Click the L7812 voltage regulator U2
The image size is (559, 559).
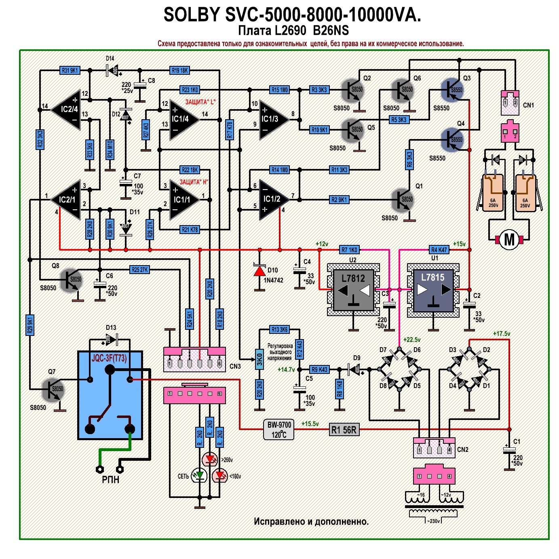click(353, 289)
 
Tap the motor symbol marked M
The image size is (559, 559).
click(509, 239)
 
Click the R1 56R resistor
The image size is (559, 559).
click(344, 430)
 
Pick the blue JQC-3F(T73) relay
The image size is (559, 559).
click(110, 395)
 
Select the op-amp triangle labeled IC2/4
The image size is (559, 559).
click(67, 110)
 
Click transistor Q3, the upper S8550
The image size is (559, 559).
click(452, 90)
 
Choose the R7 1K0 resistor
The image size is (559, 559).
click(349, 250)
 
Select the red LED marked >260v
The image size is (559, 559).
click(210, 459)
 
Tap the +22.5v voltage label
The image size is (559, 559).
click(412, 340)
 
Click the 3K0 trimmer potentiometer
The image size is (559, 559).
click(259, 359)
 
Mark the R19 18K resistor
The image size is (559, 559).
click(180, 70)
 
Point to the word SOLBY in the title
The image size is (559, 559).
click(191, 15)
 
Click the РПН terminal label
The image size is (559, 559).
click(110, 480)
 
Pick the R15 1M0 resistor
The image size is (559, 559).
click(280, 90)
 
